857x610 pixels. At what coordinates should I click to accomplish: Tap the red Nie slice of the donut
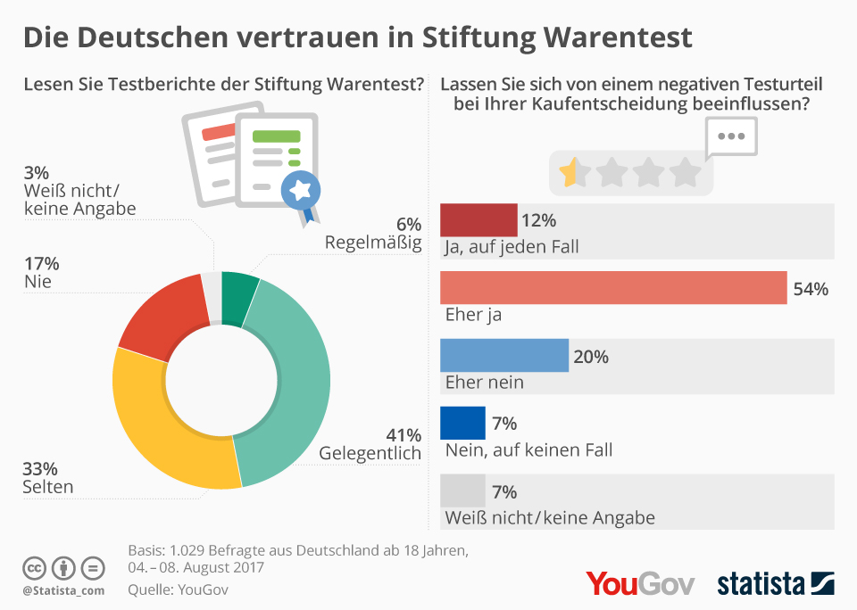pos(165,312)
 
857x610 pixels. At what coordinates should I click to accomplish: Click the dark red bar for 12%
pos(478,219)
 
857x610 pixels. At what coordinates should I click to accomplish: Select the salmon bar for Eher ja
pos(613,288)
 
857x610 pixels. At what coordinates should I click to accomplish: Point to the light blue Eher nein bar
pos(504,355)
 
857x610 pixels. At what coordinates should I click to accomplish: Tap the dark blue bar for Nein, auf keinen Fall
pos(462,423)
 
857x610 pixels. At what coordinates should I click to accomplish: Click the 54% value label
pos(811,289)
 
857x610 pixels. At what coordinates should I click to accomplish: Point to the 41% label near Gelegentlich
pos(404,435)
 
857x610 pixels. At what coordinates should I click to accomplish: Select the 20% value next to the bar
pos(591,357)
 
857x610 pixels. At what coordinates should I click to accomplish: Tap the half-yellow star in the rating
pos(569,171)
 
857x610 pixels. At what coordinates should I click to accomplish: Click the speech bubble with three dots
pos(731,137)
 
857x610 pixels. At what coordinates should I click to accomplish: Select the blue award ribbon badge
pos(300,190)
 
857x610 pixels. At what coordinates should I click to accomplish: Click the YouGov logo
pos(639,583)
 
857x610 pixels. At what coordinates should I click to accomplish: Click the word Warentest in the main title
pos(606,37)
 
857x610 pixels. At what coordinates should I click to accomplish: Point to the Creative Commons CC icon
pos(35,567)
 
